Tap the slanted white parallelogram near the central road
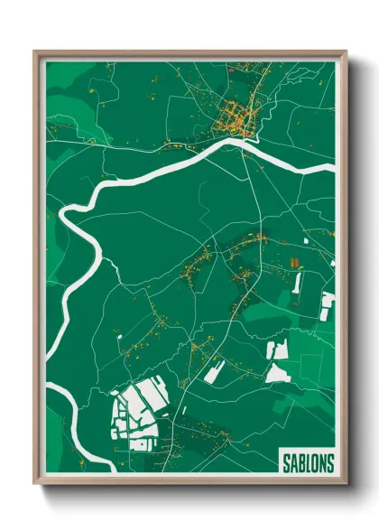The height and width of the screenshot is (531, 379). tap(214, 370)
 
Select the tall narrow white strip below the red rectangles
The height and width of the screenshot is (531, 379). tap(297, 283)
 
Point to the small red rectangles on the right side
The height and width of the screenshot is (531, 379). tap(293, 263)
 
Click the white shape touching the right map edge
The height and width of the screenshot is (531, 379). tap(328, 304)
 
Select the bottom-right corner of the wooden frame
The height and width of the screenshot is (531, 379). tap(346, 485)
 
